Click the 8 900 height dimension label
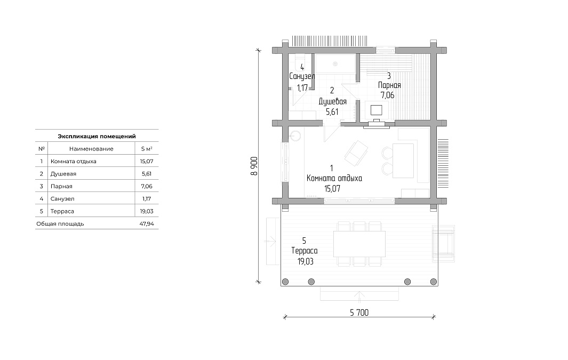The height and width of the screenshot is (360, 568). pyautogui.click(x=254, y=166)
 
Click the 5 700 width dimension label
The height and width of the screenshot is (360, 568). pyautogui.click(x=359, y=313)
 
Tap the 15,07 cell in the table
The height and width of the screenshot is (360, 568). pyautogui.click(x=147, y=161)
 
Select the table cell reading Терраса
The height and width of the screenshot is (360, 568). pyautogui.click(x=62, y=211)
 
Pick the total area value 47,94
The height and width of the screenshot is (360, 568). pyautogui.click(x=147, y=224)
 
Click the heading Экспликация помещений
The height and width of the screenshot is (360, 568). pyautogui.click(x=97, y=136)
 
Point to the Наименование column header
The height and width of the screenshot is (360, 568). pyautogui.click(x=91, y=149)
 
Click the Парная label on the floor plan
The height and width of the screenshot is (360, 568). pyautogui.click(x=389, y=85)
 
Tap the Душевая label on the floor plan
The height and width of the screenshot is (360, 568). pyautogui.click(x=333, y=101)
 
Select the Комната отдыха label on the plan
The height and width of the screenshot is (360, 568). pyautogui.click(x=334, y=178)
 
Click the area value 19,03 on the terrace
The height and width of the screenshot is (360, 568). pyautogui.click(x=306, y=261)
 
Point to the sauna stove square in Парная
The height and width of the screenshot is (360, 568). pyautogui.click(x=377, y=110)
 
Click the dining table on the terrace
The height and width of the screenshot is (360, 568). pyautogui.click(x=359, y=244)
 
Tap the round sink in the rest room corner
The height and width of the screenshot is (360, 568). pyautogui.click(x=295, y=136)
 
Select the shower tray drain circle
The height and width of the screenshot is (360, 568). pyautogui.click(x=335, y=64)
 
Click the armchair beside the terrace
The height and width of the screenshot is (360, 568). pyautogui.click(x=443, y=243)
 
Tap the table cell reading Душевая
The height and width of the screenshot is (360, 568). pyautogui.click(x=63, y=174)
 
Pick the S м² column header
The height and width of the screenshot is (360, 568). pyautogui.click(x=147, y=149)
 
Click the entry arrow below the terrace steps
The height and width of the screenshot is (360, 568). pyautogui.click(x=359, y=296)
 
